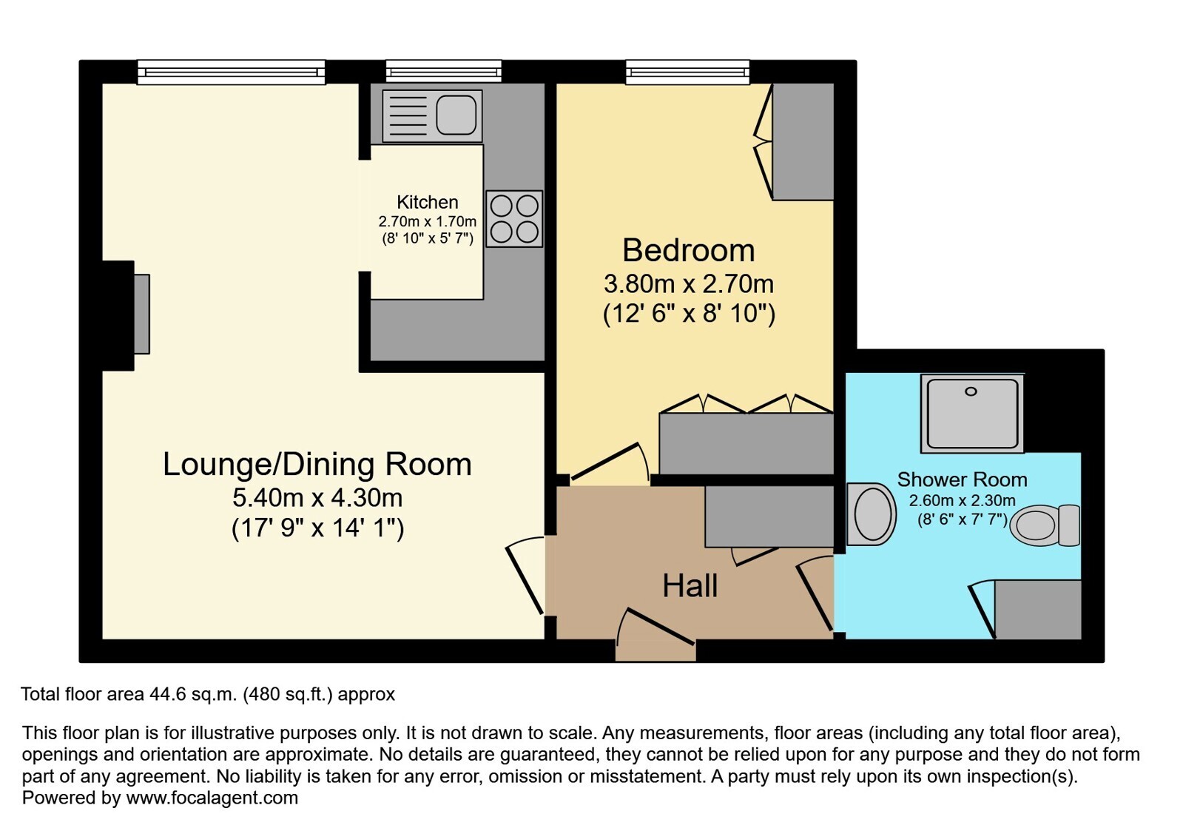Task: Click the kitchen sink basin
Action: coord(456,115)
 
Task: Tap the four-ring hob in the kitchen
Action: coord(514,218)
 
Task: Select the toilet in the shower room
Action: coord(1045,525)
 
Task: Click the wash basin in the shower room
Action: coord(872,514)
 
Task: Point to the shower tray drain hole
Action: coord(971,391)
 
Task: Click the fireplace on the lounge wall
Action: coord(141,314)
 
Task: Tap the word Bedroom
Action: coord(688,250)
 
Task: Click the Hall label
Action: coord(690,585)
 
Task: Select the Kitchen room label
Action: coord(427,202)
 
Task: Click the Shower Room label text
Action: coord(963,479)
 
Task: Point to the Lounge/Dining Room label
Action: coord(317,464)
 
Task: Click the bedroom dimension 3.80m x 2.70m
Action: coord(689,284)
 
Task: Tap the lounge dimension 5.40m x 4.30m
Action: coord(317,497)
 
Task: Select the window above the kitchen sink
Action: coord(444,71)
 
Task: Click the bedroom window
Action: coord(687,72)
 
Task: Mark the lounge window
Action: coord(232,72)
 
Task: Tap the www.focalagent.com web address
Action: coord(212,798)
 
